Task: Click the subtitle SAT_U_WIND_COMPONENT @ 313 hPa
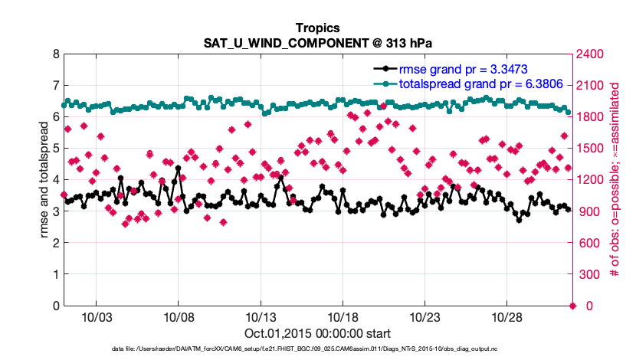[317, 42]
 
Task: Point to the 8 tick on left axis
[55, 54]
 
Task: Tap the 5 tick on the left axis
[55, 149]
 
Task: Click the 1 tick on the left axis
[55, 274]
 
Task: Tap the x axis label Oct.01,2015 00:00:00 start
[317, 333]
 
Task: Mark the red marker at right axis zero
[572, 306]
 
